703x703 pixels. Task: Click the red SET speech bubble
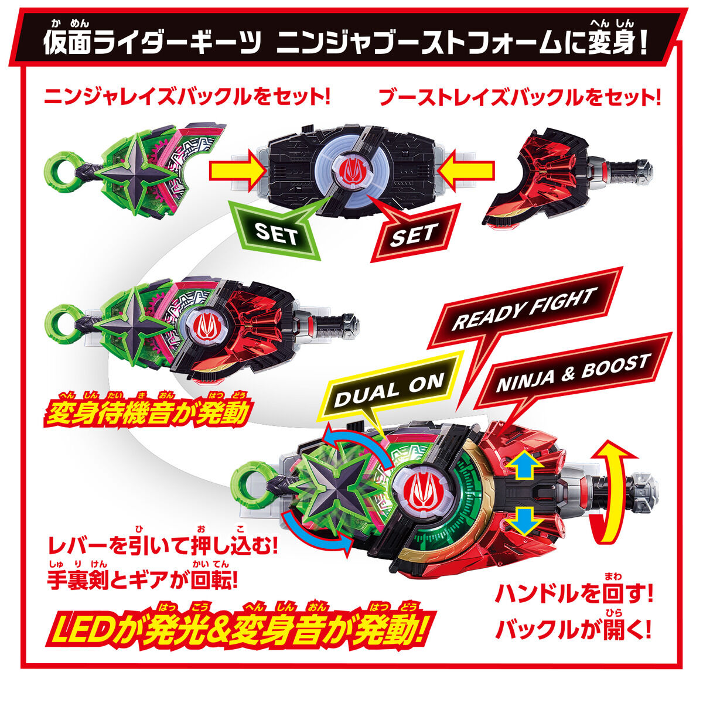[413, 234]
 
